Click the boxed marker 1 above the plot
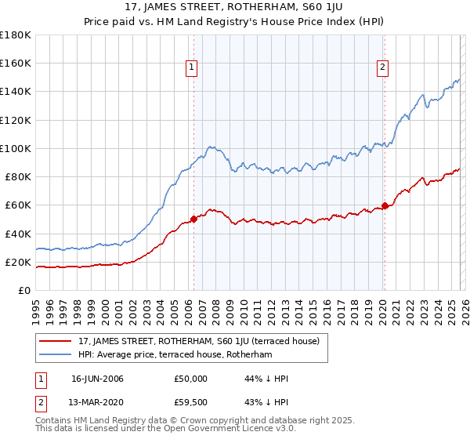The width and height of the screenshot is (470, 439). coord(192,68)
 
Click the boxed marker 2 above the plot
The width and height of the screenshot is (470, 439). coord(383,68)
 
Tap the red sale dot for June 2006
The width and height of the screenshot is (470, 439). coord(193,219)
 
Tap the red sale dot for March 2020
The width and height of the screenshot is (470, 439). coord(385,206)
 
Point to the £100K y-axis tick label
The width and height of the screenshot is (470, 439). coord(16,148)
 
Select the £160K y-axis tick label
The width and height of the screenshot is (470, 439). coord(16,63)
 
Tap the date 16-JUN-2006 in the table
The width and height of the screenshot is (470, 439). coord(97,379)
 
